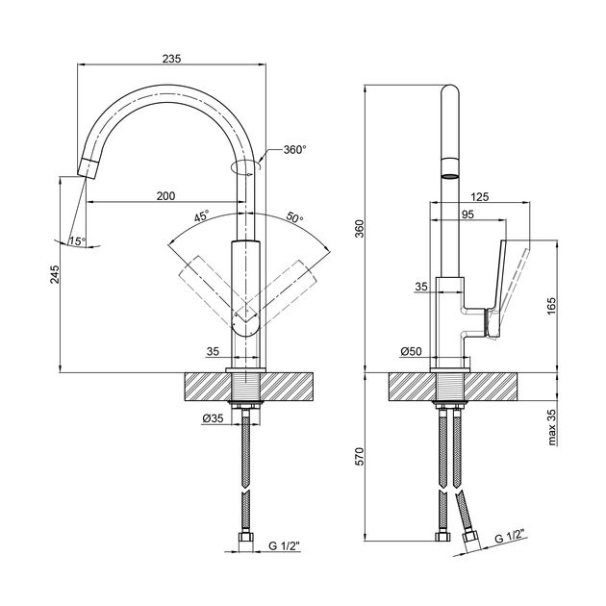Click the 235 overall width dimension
click(171, 59)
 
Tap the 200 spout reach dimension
click(165, 196)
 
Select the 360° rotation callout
click(295, 149)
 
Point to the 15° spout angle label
click(77, 241)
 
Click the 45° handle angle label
click(201, 215)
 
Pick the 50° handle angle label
click(295, 217)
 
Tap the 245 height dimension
click(55, 274)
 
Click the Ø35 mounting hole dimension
click(213, 418)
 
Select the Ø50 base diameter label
click(411, 351)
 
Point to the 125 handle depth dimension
click(480, 196)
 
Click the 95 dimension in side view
click(467, 215)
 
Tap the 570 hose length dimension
click(360, 457)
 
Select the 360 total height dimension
click(360, 229)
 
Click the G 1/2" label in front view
click(284, 546)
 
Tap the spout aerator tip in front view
click(88, 167)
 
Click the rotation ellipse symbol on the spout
click(246, 167)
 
